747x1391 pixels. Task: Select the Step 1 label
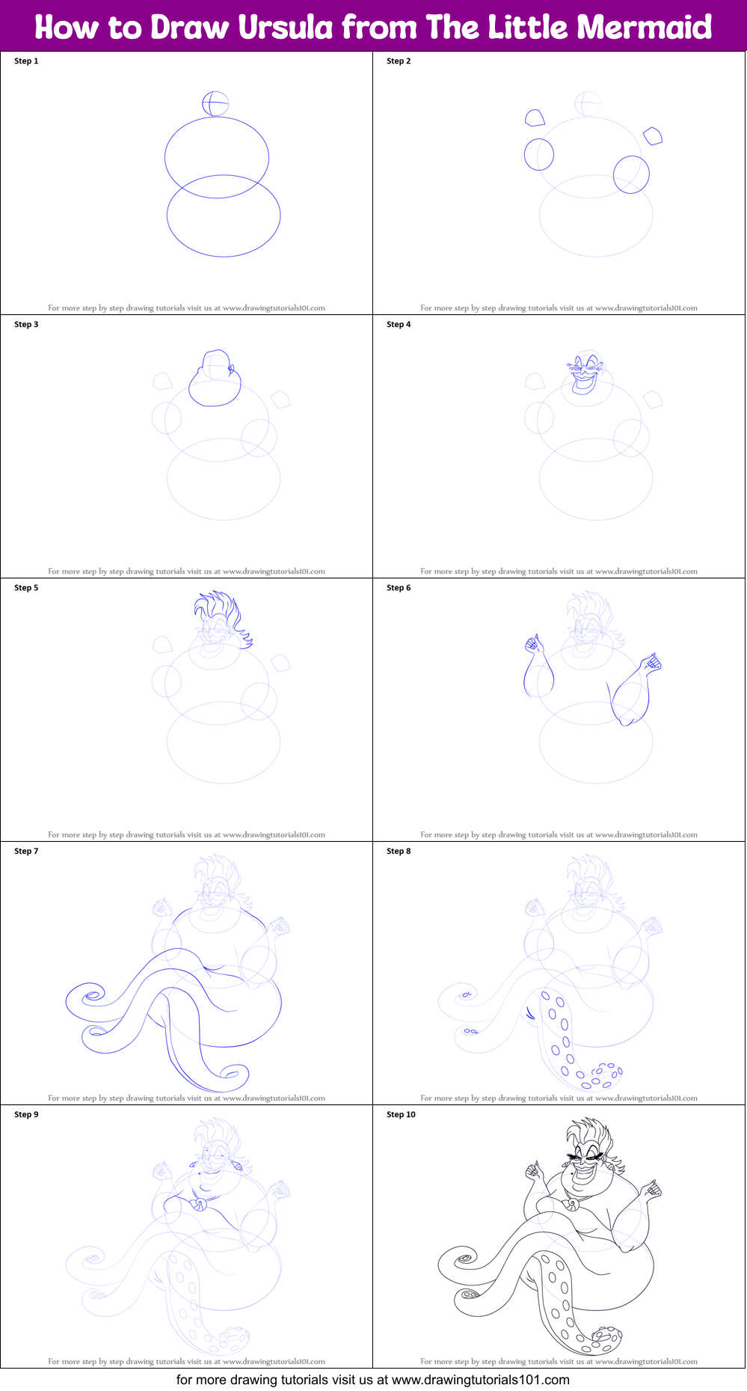26,61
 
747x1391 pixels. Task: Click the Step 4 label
399,325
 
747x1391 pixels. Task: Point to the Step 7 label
26,852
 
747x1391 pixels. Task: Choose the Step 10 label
401,1115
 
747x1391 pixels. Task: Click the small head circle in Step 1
215,104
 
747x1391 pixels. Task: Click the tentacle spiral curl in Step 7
93,997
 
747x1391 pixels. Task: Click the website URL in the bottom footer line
481,1380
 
